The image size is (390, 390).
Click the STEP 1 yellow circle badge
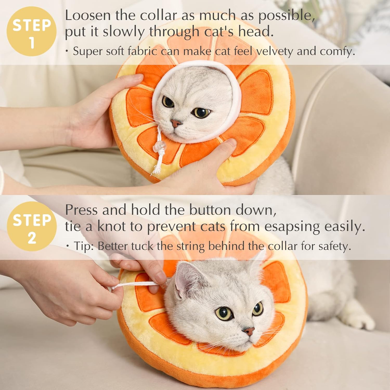coord(31,31)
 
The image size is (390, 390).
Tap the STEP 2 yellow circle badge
coord(31,226)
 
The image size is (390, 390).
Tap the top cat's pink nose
coord(176,123)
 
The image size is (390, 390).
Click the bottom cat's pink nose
coord(249,331)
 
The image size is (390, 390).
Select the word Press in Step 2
coord(81,210)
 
